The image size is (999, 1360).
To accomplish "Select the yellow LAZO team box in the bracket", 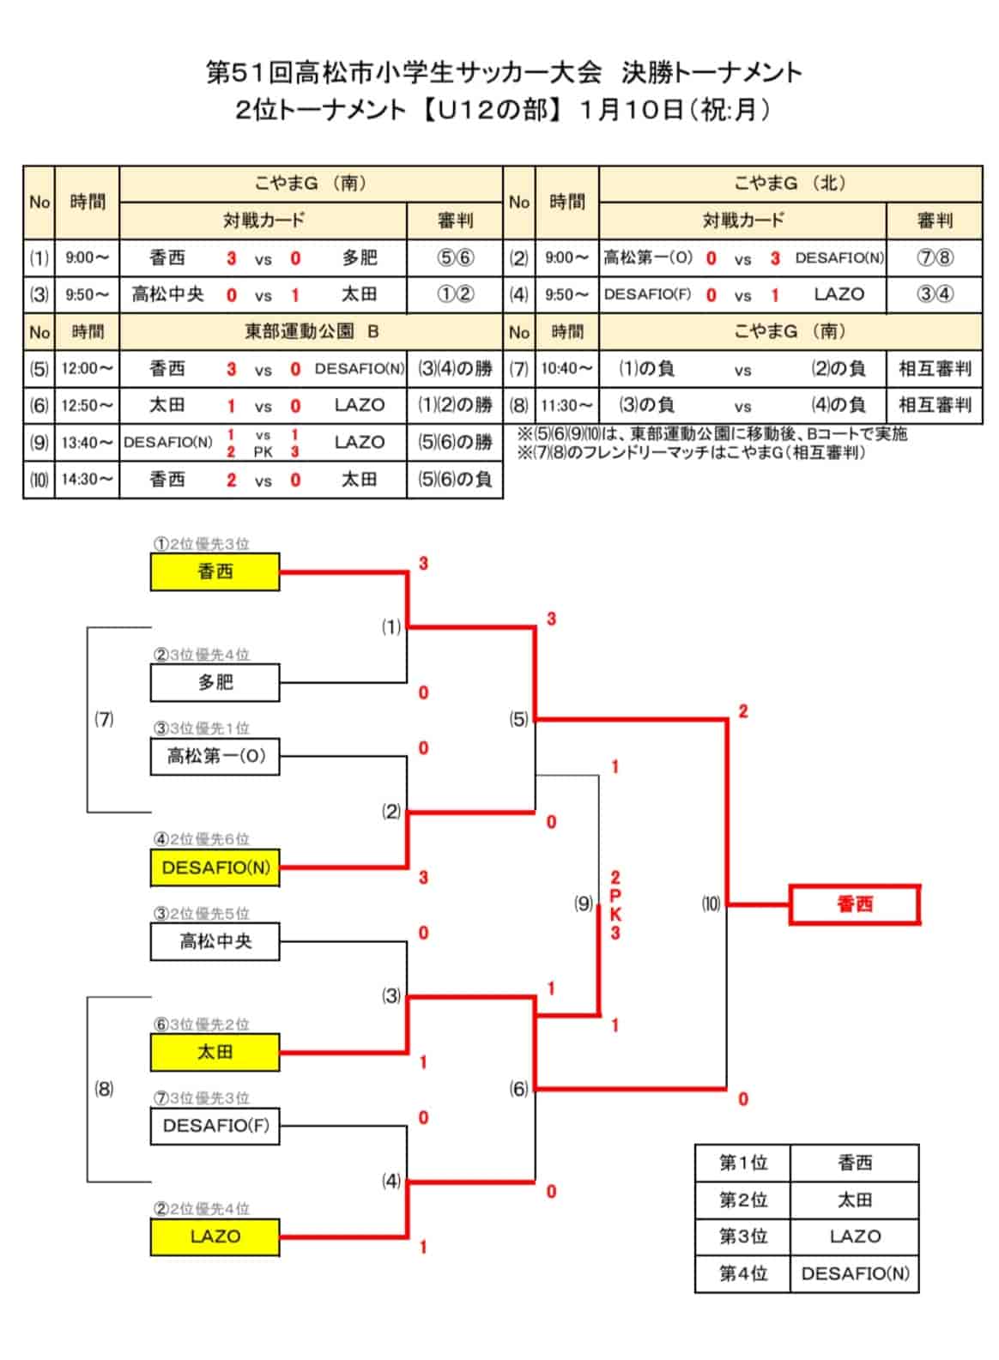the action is pyautogui.click(x=215, y=1236).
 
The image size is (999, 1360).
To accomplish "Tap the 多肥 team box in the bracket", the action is pyautogui.click(x=215, y=682).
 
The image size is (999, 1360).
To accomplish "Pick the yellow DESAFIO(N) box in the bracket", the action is pyautogui.click(x=215, y=867).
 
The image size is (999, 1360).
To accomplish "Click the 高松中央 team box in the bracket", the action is pyautogui.click(x=215, y=941).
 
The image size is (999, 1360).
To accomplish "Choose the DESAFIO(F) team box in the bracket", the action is pyautogui.click(x=215, y=1126).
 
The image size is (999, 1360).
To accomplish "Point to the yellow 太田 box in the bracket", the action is pyautogui.click(x=215, y=1052).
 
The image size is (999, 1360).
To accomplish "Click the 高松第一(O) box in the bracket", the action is pyautogui.click(x=215, y=756).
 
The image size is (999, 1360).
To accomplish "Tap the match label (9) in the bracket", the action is pyautogui.click(x=583, y=904).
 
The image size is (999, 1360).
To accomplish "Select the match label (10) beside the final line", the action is pyautogui.click(x=711, y=904).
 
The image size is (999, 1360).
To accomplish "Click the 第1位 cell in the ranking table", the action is pyautogui.click(x=742, y=1162).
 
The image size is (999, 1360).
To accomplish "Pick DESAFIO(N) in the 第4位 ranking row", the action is pyautogui.click(x=855, y=1273).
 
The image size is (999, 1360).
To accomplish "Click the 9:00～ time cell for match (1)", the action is pyautogui.click(x=87, y=257).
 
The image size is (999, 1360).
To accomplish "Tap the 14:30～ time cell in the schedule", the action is pyautogui.click(x=87, y=479).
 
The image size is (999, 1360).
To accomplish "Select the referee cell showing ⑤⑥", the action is pyautogui.click(x=455, y=257).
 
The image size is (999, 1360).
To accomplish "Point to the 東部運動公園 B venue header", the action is pyautogui.click(x=311, y=331).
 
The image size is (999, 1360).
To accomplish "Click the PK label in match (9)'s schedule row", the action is pyautogui.click(x=263, y=451).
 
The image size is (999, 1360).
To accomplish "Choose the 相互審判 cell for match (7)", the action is pyautogui.click(x=934, y=368).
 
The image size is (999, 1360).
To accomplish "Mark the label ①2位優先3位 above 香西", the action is pyautogui.click(x=201, y=543).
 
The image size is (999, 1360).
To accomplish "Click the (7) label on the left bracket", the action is pyautogui.click(x=104, y=719).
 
